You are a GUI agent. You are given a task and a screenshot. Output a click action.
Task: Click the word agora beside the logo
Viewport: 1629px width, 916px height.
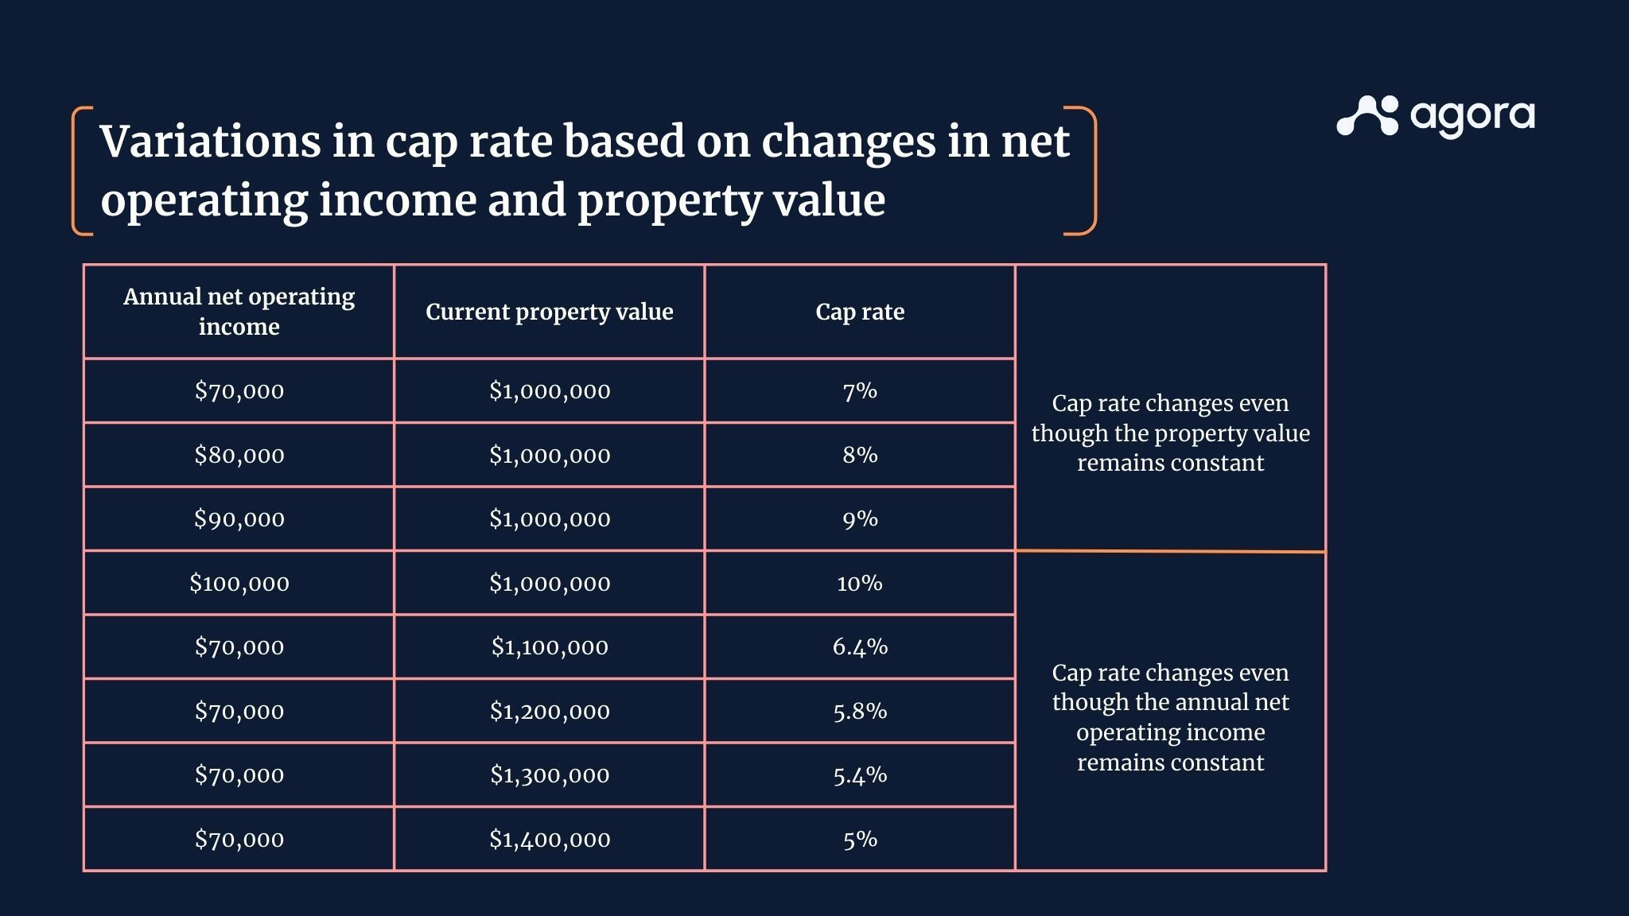1472,117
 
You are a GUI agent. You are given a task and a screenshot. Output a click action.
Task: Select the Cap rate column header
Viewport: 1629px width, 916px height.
860,312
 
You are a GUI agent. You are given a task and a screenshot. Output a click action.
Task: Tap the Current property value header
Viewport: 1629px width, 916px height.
549,312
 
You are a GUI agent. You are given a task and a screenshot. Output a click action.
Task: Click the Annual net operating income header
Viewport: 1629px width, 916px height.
239,312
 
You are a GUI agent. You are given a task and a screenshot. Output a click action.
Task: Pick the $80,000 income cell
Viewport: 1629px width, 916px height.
239,455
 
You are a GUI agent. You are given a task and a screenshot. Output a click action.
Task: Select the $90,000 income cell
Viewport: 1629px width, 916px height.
239,519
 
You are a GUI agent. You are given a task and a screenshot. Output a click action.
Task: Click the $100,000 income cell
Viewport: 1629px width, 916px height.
239,584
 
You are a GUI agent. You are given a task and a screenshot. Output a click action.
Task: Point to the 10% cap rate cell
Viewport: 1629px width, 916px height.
860,584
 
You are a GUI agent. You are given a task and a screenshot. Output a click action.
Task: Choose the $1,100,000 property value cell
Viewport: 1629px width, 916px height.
549,647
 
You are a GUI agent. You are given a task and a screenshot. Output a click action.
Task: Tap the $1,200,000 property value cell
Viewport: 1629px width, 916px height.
549,712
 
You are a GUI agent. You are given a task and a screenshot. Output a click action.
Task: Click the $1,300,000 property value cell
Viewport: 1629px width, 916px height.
549,775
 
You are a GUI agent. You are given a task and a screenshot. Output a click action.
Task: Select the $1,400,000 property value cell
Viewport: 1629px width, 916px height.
549,840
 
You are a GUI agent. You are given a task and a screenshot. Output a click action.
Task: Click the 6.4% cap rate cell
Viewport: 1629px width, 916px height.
860,647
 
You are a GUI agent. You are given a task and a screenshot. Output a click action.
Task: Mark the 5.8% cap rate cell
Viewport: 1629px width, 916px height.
860,712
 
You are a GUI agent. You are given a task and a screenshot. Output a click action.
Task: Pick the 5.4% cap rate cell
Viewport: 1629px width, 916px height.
860,775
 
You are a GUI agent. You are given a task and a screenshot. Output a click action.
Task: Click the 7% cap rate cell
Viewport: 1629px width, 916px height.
860,391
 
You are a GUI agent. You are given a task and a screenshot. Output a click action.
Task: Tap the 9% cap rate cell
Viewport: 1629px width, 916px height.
860,519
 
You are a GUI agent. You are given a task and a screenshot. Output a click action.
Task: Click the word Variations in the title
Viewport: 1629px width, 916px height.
210,142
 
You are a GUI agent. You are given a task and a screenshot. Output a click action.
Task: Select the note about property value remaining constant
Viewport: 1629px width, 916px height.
1170,433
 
